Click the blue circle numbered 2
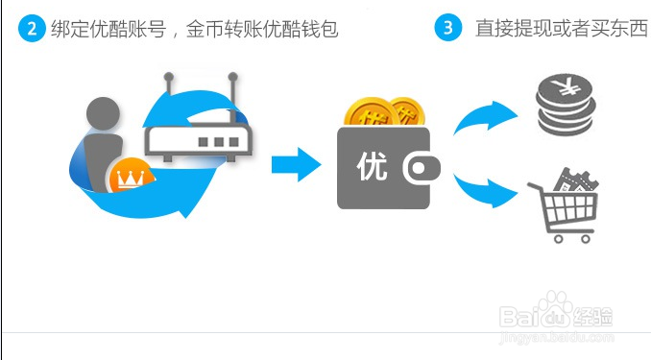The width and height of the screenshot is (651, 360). coord(32,28)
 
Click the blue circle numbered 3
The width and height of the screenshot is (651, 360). coord(447,28)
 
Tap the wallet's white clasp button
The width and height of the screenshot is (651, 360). coord(420,169)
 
